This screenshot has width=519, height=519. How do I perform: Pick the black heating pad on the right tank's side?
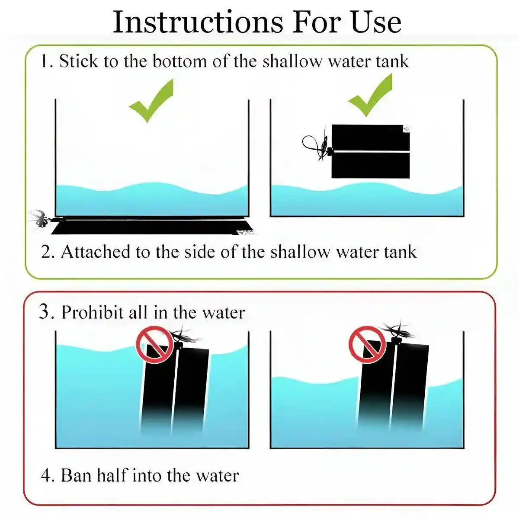pyautogui.click(x=370, y=151)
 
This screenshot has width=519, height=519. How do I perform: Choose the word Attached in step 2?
pyautogui.click(x=96, y=252)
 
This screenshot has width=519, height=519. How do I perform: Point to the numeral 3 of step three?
pyautogui.click(x=45, y=312)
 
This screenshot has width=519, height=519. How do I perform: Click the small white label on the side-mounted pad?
pyautogui.click(x=407, y=128)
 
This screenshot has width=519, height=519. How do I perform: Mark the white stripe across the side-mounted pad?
pyautogui.click(x=372, y=152)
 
